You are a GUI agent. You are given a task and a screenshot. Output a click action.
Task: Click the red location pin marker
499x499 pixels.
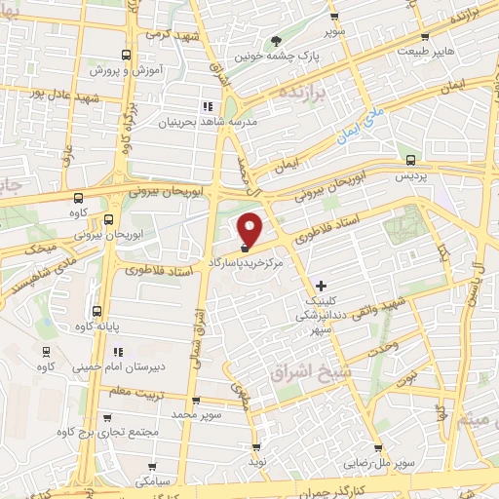point(251,228)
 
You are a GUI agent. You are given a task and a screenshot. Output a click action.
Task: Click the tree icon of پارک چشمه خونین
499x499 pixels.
point(278,41)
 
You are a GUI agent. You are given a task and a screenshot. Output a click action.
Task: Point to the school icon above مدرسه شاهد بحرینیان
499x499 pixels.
point(206,106)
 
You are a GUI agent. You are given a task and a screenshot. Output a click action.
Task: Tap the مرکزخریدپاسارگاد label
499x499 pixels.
point(251,263)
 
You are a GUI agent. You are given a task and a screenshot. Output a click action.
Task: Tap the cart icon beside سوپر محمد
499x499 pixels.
point(196,400)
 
